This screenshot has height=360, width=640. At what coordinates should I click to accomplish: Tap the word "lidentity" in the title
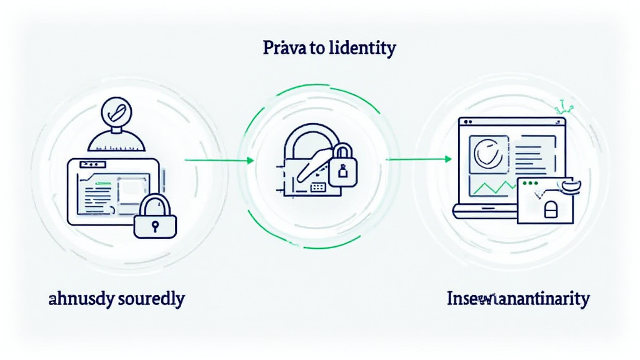click(x=364, y=48)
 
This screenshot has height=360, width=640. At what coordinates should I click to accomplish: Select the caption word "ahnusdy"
click(x=81, y=299)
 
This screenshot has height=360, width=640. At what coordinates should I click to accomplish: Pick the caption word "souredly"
click(x=152, y=299)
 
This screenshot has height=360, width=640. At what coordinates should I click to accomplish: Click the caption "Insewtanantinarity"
click(x=518, y=299)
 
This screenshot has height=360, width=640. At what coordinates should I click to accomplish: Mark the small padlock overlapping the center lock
click(x=341, y=164)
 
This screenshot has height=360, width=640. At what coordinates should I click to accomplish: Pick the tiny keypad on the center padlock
click(x=318, y=187)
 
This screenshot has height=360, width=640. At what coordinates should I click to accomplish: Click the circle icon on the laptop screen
click(x=485, y=152)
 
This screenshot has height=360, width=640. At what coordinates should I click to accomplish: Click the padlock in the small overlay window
click(x=551, y=211)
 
